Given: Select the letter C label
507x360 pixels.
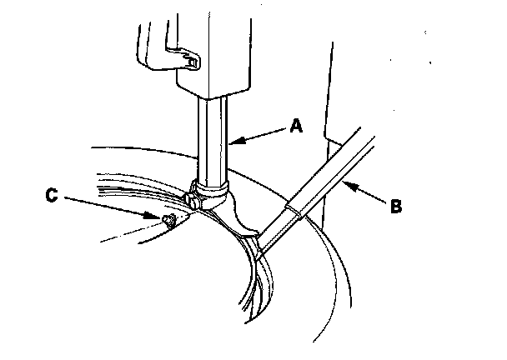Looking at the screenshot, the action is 52,197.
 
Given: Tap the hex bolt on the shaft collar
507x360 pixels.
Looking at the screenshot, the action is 195,201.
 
